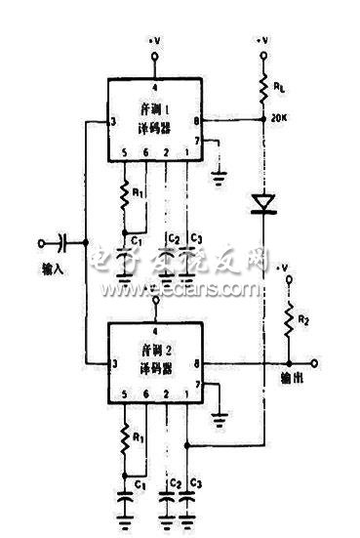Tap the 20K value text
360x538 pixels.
[x=284, y=121]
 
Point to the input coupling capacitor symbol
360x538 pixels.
[x=62, y=242]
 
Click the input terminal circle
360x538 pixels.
[x=41, y=242]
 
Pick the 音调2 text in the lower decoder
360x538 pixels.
[x=155, y=348]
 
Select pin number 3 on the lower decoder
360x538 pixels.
[x=114, y=365]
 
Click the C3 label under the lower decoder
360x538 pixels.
[x=198, y=481]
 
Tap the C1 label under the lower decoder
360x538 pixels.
[x=140, y=481]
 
